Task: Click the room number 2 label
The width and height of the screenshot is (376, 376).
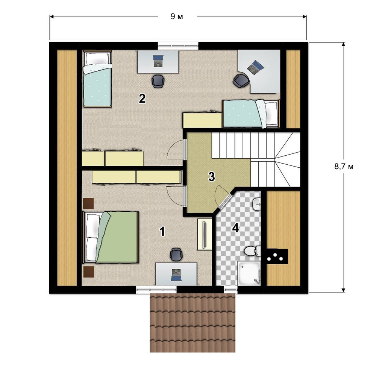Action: pyautogui.click(x=142, y=99)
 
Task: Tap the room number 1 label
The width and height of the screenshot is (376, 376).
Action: pyautogui.click(x=162, y=232)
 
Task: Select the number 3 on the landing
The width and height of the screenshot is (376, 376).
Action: pyautogui.click(x=211, y=176)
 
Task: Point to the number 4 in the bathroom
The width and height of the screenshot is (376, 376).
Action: pyautogui.click(x=236, y=228)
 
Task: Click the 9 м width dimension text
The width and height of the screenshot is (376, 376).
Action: pyautogui.click(x=177, y=17)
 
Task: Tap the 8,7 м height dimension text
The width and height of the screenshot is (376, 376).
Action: pyautogui.click(x=344, y=167)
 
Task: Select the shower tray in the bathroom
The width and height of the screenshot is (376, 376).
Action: pyautogui.click(x=249, y=273)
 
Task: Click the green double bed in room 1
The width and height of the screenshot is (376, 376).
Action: pyautogui.click(x=111, y=237)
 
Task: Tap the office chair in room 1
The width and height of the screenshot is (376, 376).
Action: pyautogui.click(x=176, y=255)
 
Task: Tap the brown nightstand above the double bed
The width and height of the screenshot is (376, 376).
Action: pyautogui.click(x=88, y=203)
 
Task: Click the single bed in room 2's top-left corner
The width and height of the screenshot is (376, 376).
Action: pyautogui.click(x=97, y=79)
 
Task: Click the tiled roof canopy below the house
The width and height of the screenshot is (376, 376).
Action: pyautogui.click(x=193, y=323)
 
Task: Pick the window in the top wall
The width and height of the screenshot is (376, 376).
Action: pyautogui.click(x=178, y=46)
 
